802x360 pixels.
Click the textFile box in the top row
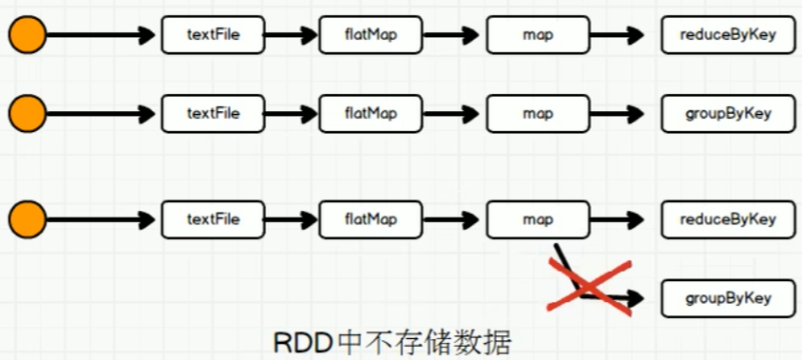point(213,35)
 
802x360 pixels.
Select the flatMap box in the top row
point(371,35)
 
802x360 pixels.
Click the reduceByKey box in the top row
point(728,35)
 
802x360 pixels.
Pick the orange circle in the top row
point(27,36)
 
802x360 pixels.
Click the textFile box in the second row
point(213,114)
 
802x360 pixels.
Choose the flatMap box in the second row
point(371,114)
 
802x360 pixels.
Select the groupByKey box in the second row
point(728,114)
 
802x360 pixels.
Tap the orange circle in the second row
point(27,114)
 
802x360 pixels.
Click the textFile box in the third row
point(213,219)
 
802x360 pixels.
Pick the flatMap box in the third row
point(371,219)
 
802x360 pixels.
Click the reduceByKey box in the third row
point(728,219)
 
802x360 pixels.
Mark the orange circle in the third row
point(27,219)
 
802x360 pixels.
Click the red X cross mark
point(590,282)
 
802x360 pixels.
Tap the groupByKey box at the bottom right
point(728,298)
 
